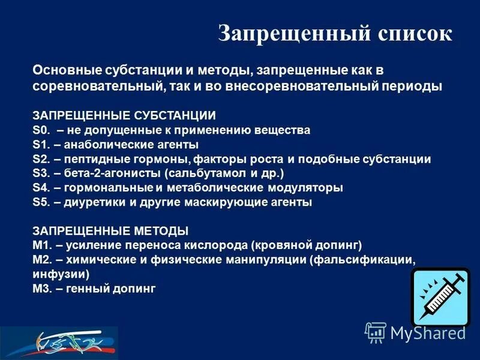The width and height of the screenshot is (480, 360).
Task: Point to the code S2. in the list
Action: point(41,159)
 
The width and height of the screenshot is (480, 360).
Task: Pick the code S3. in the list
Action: point(41,173)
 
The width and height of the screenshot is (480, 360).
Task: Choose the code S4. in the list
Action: point(41,188)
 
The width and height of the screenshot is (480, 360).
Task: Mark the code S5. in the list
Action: point(41,203)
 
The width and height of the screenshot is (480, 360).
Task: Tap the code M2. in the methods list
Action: point(43,260)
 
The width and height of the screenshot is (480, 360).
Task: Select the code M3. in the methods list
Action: point(43,289)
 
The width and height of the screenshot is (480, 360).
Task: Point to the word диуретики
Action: point(90,203)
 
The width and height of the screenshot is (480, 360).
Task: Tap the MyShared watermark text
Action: point(428,332)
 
